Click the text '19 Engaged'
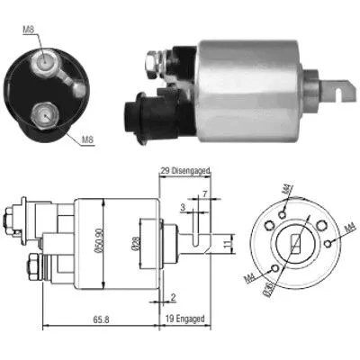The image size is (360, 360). (185, 319)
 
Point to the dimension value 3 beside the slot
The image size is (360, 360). (183, 209)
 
